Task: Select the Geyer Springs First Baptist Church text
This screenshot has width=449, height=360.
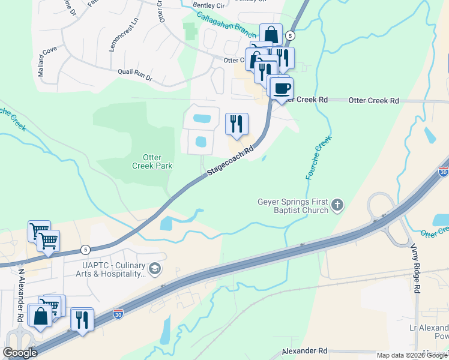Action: (293, 206)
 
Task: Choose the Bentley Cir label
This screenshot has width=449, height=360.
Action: (208, 5)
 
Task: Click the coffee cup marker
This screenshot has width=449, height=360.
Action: (281, 89)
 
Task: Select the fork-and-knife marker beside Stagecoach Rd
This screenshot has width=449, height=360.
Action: (237, 124)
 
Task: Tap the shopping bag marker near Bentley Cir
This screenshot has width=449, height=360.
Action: (271, 34)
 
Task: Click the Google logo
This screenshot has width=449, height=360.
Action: (20, 353)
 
